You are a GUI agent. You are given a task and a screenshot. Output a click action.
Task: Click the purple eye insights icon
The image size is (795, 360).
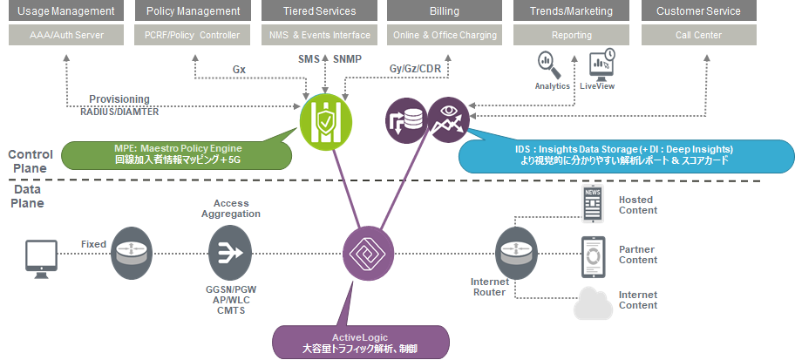click(448, 119)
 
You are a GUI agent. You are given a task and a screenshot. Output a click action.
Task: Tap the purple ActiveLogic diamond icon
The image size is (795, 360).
click(366, 252)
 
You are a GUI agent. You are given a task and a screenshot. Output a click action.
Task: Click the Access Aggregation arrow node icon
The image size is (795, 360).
click(231, 253)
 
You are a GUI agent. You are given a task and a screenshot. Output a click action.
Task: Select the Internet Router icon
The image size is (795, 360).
click(514, 253)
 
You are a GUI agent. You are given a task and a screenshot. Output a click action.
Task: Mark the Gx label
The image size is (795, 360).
click(239, 69)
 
